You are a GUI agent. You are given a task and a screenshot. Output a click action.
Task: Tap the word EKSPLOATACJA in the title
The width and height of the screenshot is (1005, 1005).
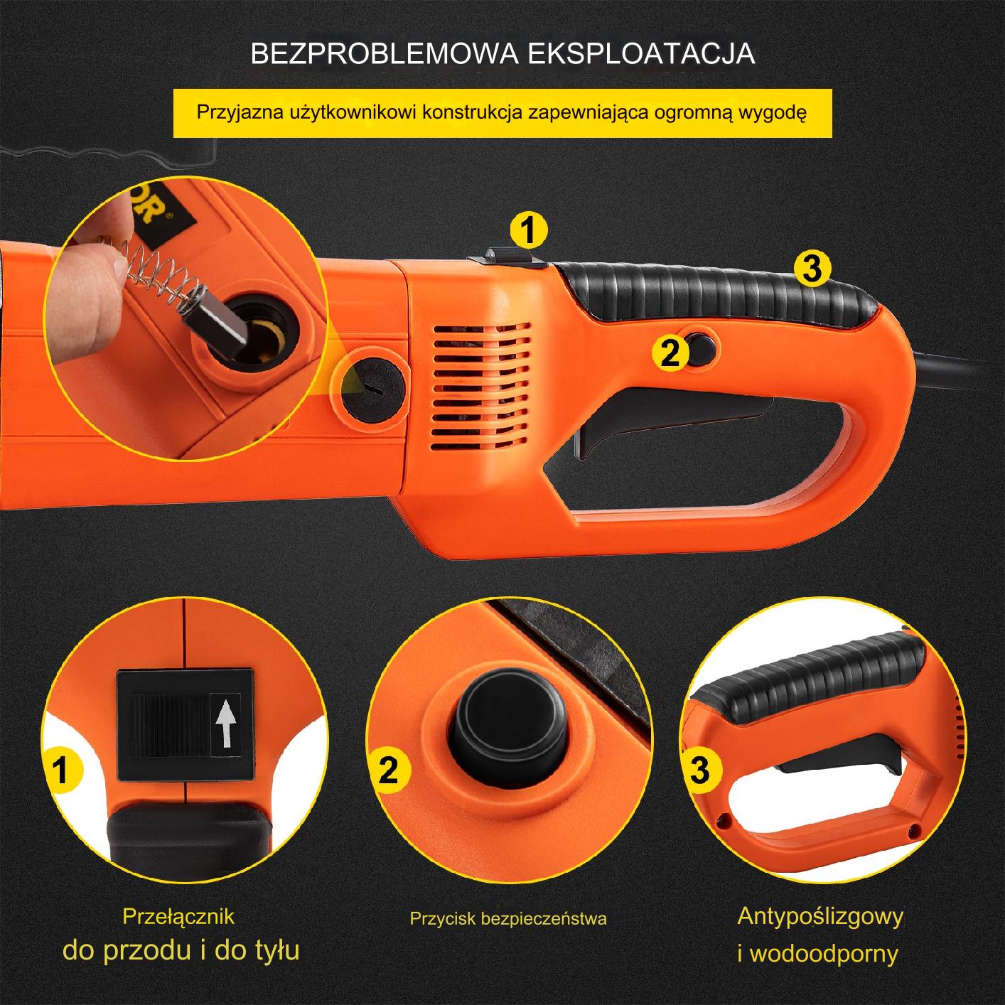click(642, 53)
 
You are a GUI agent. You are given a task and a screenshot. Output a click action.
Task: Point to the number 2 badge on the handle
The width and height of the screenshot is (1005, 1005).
click(670, 353)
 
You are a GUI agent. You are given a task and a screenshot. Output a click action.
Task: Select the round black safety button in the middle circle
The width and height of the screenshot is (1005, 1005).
click(508, 721)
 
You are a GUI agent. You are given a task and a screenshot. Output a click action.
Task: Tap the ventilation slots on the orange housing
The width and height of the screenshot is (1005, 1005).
click(481, 386)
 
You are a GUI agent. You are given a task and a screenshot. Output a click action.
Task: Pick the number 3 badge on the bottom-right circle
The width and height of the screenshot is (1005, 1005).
click(700, 769)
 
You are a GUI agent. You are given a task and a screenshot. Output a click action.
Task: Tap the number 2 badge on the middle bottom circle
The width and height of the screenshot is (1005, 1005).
click(389, 770)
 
